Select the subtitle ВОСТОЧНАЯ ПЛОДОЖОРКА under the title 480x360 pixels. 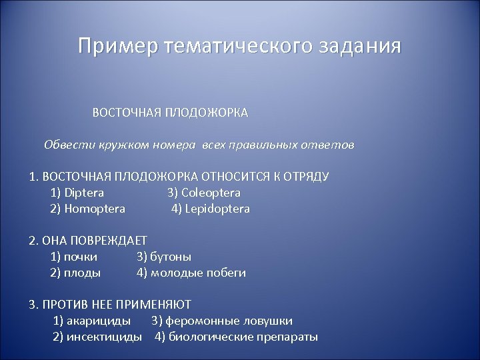click(x=170, y=112)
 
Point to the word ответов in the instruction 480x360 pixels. click(x=330, y=145)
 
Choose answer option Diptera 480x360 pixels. click(x=84, y=193)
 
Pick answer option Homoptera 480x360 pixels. click(x=94, y=209)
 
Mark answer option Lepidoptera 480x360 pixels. click(x=217, y=209)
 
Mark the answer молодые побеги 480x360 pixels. click(x=198, y=273)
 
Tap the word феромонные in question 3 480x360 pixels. click(x=198, y=321)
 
